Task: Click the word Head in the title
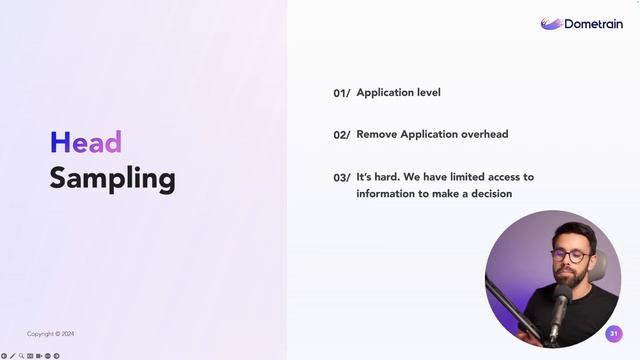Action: [x=86, y=143]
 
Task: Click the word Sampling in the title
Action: [x=112, y=179]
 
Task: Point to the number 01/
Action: [x=341, y=93]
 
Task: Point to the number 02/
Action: [x=341, y=135]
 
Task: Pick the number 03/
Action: [x=341, y=178]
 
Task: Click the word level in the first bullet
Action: [x=427, y=93]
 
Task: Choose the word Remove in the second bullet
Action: [x=377, y=134]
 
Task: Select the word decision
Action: [x=487, y=193]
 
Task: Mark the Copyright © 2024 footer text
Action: [x=50, y=334]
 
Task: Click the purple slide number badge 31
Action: [x=614, y=333]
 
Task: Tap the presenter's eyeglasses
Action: [x=569, y=256]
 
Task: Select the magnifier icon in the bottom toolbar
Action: [x=21, y=355]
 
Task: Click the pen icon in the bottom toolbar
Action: [x=12, y=355]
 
